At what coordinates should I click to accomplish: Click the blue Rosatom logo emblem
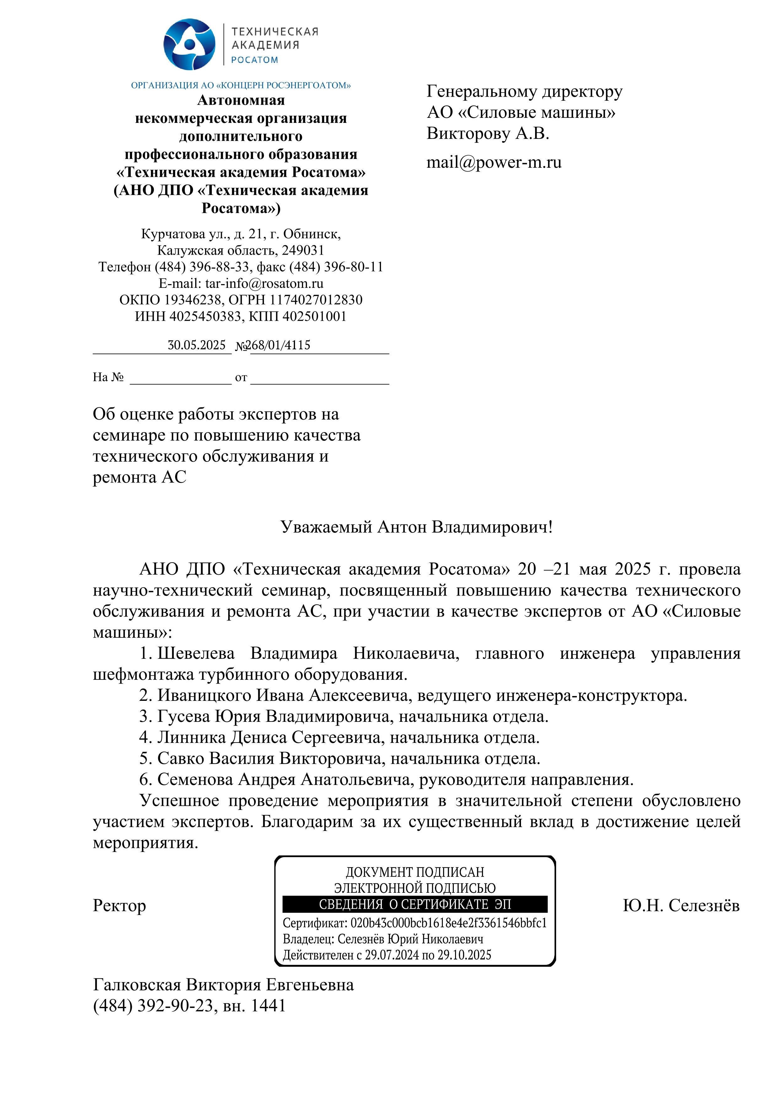click(x=189, y=45)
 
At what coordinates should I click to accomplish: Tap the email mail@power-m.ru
click(x=494, y=162)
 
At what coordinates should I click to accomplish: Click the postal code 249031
click(x=303, y=250)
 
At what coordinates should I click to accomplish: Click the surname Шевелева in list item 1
click(x=196, y=653)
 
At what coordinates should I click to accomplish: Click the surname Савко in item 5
click(x=180, y=759)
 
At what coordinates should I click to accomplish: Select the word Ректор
click(x=119, y=906)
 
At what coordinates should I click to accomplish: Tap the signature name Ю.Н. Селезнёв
click(x=681, y=906)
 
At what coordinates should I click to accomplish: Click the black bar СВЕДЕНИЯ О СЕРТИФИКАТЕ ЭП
click(x=415, y=904)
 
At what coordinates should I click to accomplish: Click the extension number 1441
click(x=268, y=1006)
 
